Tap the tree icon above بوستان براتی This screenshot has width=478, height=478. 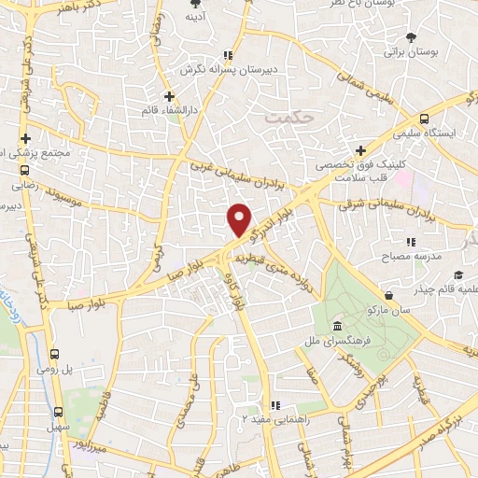coord(411,38)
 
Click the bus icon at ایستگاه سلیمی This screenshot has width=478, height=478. coord(425,119)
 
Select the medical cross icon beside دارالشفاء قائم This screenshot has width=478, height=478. coord(168,96)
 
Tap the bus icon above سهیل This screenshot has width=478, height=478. coord(59,411)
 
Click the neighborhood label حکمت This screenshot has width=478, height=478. coord(284,119)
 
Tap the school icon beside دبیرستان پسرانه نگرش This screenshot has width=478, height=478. coord(230,55)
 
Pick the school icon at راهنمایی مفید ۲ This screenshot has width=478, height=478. coord(274,405)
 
